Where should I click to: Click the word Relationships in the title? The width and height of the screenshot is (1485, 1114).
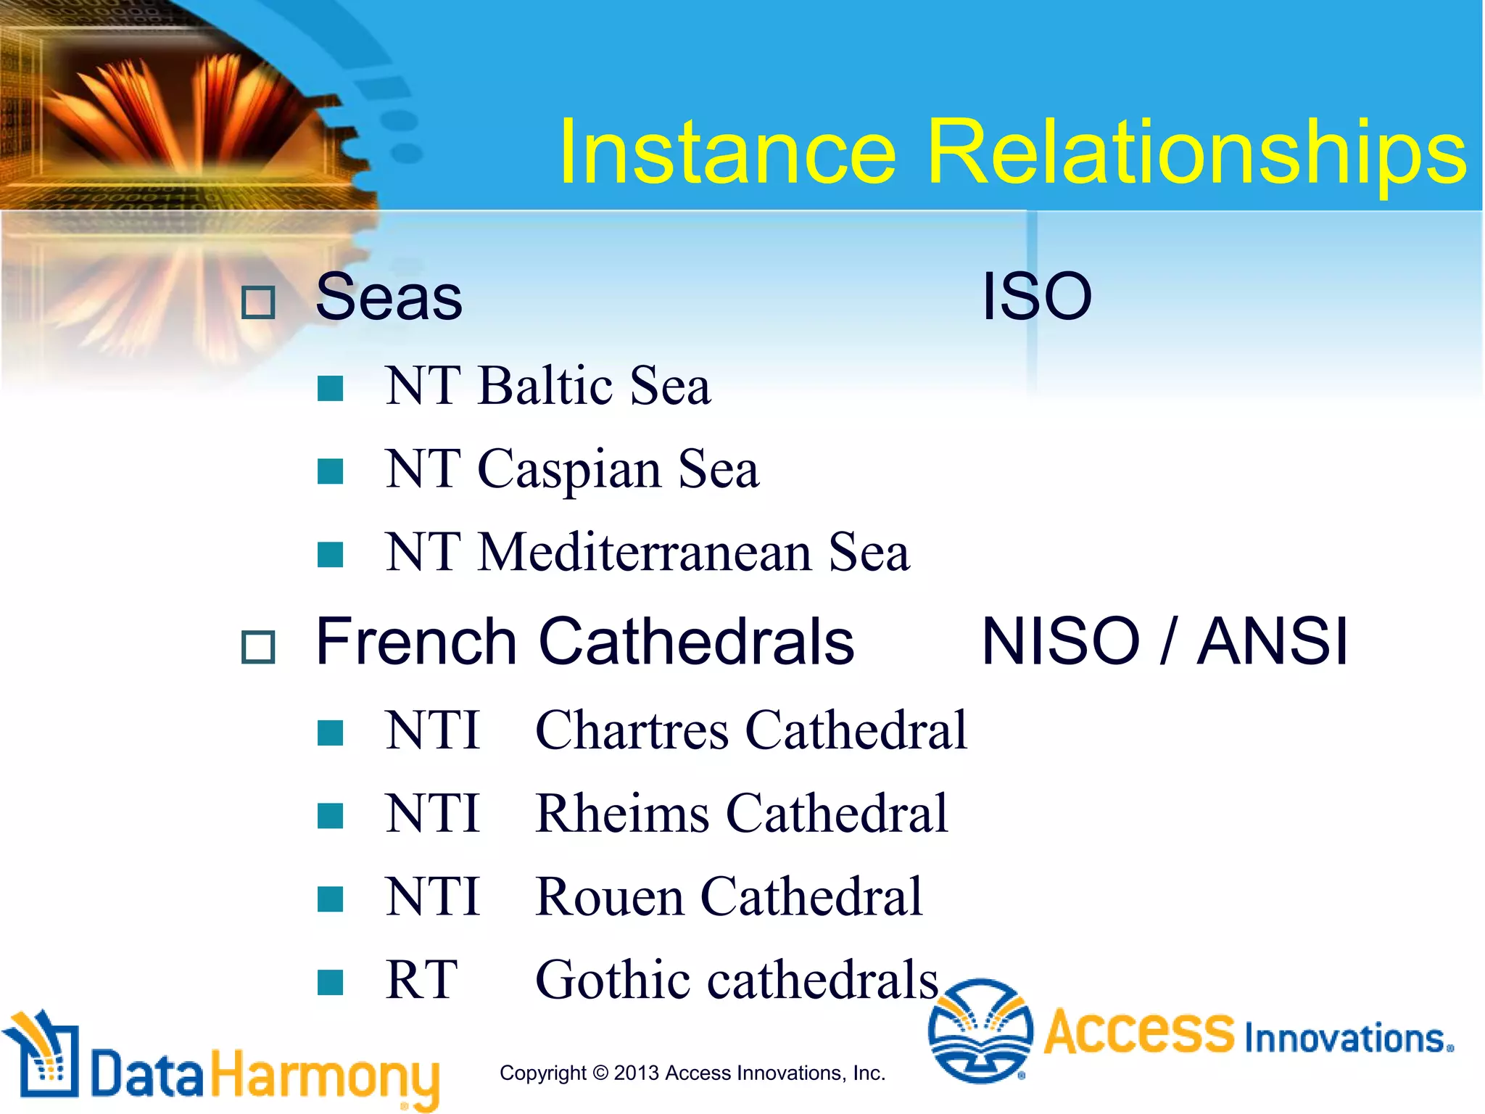[x=1196, y=153]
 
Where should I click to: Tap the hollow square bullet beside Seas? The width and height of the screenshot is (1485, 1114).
[x=258, y=302]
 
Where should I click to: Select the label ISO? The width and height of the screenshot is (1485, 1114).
[x=1036, y=297]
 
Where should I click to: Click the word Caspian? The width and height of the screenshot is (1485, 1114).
[x=569, y=469]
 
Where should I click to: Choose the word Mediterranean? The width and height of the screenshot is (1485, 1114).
[x=645, y=553]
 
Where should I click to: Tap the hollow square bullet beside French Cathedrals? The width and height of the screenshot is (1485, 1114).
[x=258, y=647]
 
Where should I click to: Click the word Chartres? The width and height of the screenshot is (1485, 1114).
[x=632, y=730]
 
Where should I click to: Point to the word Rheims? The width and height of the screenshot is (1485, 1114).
[x=622, y=814]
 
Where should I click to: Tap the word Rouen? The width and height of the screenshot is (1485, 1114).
[x=609, y=897]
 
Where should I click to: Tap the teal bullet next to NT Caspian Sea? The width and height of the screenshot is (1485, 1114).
[x=331, y=471]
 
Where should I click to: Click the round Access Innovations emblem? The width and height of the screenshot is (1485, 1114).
[x=980, y=1031]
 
